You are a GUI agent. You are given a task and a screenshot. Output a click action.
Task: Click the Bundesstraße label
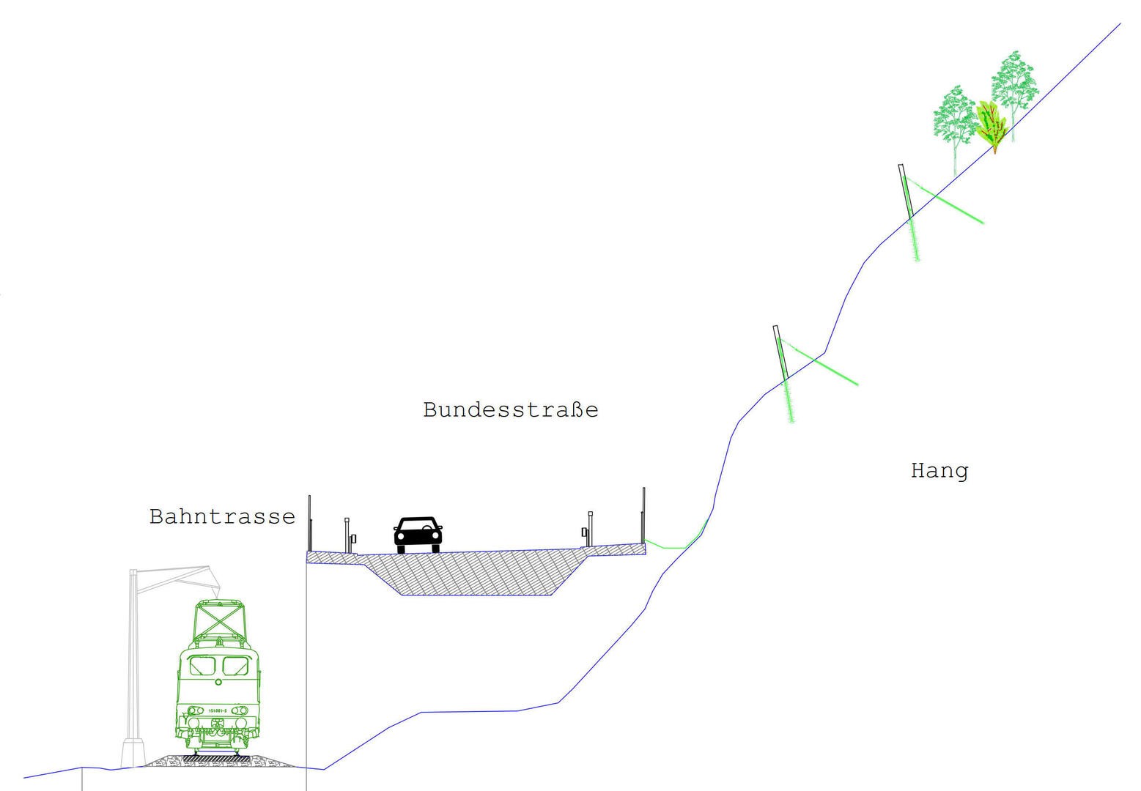510,409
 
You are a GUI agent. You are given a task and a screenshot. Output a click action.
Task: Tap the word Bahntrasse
222,516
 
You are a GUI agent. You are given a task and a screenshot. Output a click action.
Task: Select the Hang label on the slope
939,470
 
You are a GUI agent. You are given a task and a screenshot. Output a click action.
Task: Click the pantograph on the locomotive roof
219,622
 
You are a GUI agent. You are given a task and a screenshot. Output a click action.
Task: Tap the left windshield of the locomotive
202,666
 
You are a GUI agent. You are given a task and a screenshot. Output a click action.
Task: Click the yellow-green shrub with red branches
990,125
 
